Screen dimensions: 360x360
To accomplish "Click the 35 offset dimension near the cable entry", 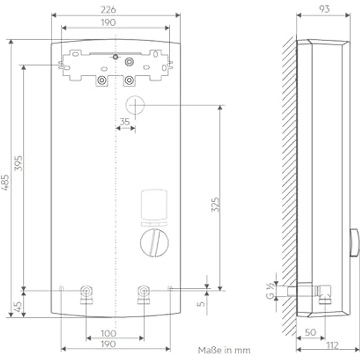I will point(125,122).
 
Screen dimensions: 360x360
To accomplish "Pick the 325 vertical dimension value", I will point(215,204).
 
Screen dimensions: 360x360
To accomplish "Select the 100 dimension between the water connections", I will point(108,333).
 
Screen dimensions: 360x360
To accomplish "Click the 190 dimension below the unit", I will point(108,344).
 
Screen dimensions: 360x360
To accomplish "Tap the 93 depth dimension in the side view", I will point(323,9).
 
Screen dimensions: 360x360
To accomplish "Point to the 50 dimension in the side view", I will point(310,333).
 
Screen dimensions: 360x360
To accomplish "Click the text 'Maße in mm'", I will point(224,350).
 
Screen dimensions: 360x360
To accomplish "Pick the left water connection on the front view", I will point(87,292).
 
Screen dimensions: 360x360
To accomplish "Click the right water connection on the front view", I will point(143,292).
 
